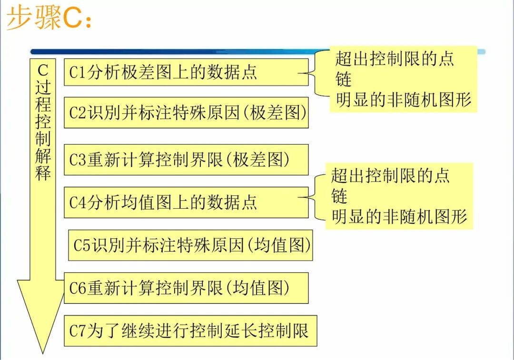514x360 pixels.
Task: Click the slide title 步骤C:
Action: (x=48, y=18)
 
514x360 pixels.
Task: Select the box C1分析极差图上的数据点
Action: (x=186, y=72)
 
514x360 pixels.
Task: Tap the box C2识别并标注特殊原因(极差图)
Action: (x=186, y=113)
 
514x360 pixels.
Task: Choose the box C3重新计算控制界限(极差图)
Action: (x=186, y=160)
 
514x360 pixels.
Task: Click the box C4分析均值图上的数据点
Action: (x=186, y=202)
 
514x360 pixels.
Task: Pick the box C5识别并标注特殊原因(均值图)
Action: (x=190, y=245)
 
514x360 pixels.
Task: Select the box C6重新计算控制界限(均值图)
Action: (x=186, y=288)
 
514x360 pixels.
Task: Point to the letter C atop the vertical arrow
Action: (x=43, y=70)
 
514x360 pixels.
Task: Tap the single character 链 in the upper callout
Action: (x=343, y=79)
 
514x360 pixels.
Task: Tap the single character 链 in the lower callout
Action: (x=339, y=196)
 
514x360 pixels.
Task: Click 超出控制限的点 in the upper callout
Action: (x=395, y=59)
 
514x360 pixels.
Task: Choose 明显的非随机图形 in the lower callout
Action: (x=399, y=216)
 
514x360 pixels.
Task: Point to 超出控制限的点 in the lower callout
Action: (x=390, y=175)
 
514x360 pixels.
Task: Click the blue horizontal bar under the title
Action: (x=181, y=51)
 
